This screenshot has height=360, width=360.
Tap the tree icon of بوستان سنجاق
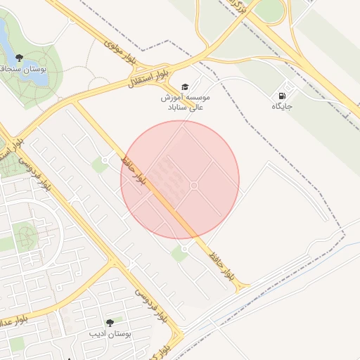(18, 58)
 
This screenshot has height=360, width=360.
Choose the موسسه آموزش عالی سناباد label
(178, 103)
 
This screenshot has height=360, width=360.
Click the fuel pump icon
(283, 96)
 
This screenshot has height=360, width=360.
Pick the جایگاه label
(283, 107)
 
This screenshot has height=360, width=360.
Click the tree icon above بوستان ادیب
(109, 322)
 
